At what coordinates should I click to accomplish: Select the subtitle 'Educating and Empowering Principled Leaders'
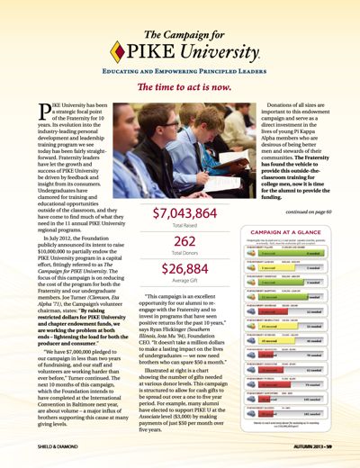pos(179,67)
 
